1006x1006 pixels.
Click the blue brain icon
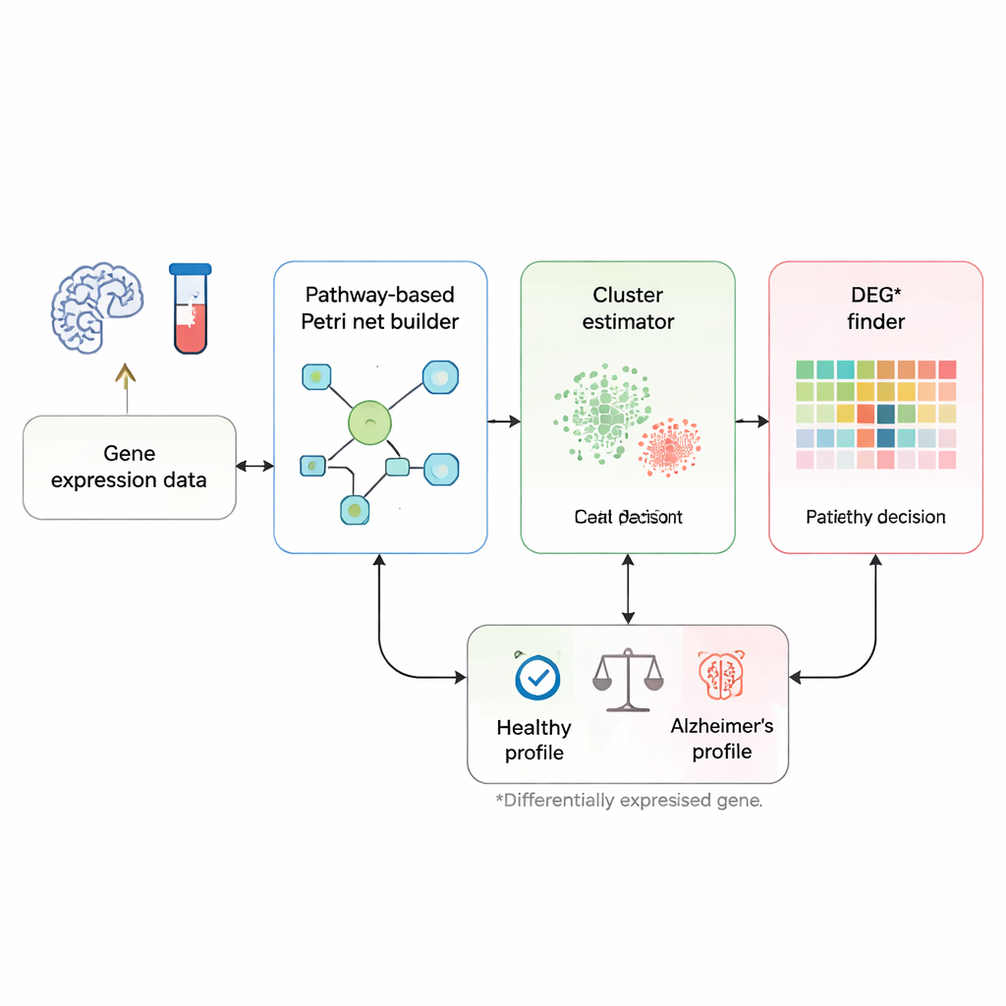(97, 307)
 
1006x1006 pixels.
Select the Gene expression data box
(129, 467)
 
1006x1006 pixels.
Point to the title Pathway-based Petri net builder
(381, 307)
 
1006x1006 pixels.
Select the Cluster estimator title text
(628, 307)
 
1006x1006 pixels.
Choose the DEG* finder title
(875, 307)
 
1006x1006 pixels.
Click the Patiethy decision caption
(875, 517)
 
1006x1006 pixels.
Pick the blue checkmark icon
(537, 677)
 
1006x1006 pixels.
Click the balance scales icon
(628, 678)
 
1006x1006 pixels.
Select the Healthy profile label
(534, 740)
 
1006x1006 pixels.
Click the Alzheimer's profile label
(722, 739)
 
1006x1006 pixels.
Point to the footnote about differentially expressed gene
(629, 800)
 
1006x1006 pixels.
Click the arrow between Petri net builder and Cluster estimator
(504, 421)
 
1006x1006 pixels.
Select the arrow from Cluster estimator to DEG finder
(752, 421)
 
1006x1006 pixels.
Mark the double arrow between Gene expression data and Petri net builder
(254, 466)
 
